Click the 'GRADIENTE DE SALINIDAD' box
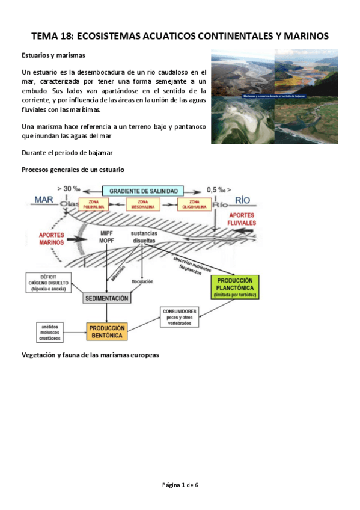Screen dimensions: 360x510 click(x=143, y=191)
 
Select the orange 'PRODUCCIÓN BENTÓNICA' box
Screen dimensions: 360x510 click(x=106, y=331)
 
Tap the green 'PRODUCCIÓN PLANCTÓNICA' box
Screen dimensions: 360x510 click(x=234, y=287)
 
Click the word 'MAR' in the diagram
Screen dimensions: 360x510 click(x=44, y=200)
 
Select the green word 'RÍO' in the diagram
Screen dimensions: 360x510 click(x=242, y=200)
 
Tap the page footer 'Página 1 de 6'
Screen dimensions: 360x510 click(x=180, y=485)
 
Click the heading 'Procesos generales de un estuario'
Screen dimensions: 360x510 click(x=73, y=170)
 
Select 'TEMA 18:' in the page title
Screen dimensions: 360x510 click(x=52, y=36)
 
